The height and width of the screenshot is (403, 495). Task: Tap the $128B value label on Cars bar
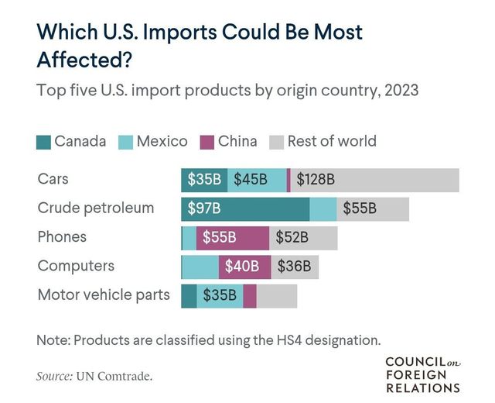tap(316, 180)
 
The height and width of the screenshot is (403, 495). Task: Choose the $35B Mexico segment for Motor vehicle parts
tap(220, 295)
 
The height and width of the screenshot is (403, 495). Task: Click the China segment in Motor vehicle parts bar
tap(250, 295)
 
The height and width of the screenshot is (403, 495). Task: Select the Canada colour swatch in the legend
tap(44, 142)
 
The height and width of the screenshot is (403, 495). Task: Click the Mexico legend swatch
tap(127, 142)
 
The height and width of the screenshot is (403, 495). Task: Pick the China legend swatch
tap(207, 142)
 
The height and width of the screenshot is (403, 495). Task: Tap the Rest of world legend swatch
tap(277, 142)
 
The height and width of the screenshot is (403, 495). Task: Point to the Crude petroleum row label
tap(96, 208)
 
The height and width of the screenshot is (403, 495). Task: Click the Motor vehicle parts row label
tap(104, 295)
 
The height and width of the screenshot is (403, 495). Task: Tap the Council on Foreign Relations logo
tap(422, 375)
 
